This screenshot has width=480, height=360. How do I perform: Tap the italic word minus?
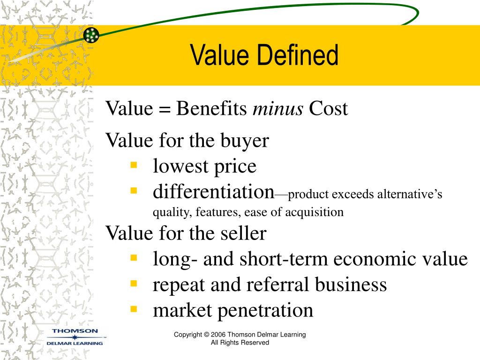(278, 109)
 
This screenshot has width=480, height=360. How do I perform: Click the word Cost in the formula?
(328, 109)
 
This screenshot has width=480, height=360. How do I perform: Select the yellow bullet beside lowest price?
(134, 165)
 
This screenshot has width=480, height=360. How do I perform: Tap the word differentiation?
(213, 191)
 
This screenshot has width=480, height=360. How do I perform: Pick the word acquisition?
(315, 212)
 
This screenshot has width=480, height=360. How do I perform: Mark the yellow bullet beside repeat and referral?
(134, 283)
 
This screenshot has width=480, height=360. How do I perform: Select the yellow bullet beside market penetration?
(134, 309)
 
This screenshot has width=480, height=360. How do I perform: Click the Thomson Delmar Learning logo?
(76, 337)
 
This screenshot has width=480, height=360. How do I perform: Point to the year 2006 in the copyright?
(218, 335)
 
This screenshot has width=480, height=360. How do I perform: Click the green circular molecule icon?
(91, 35)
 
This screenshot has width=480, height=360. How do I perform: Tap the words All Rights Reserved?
(240, 343)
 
